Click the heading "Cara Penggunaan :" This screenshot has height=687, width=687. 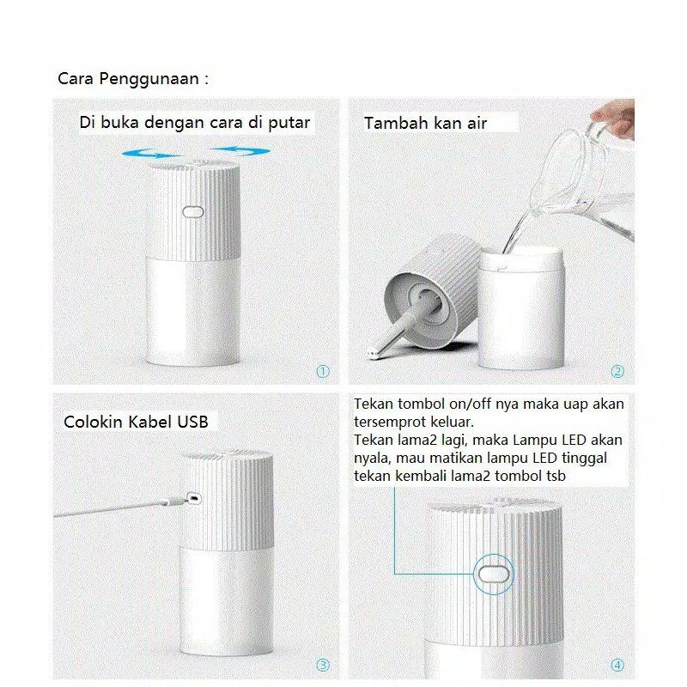click(x=133, y=79)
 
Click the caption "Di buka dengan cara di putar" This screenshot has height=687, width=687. click(x=195, y=122)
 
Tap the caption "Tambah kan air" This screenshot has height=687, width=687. click(x=425, y=123)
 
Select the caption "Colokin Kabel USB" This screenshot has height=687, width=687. click(x=136, y=422)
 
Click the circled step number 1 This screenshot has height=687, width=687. click(x=323, y=372)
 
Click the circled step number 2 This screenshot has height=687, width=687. click(x=617, y=372)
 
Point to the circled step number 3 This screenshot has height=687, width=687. click(x=323, y=665)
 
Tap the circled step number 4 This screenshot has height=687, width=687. click(x=617, y=665)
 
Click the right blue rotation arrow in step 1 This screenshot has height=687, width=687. click(x=241, y=150)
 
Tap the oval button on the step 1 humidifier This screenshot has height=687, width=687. click(x=190, y=212)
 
